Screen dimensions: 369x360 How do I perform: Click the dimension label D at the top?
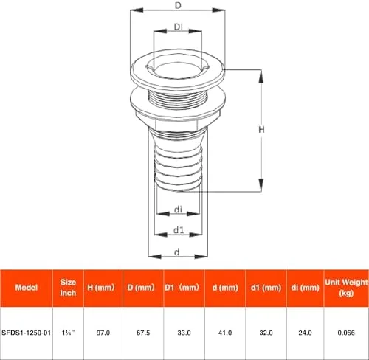(x=178, y=5)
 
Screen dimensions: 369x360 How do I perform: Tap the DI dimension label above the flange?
(x=179, y=27)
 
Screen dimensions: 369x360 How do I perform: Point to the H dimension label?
(x=261, y=129)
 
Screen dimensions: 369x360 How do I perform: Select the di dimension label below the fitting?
(x=178, y=210)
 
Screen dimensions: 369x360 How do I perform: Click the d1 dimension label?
(x=179, y=230)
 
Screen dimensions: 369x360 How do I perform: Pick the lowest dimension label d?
(x=177, y=252)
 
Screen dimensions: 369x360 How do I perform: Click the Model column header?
(x=27, y=288)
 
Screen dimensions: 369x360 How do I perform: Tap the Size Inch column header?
(x=68, y=288)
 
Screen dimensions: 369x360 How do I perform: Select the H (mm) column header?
(x=101, y=288)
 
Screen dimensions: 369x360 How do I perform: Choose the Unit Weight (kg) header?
(x=347, y=288)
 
